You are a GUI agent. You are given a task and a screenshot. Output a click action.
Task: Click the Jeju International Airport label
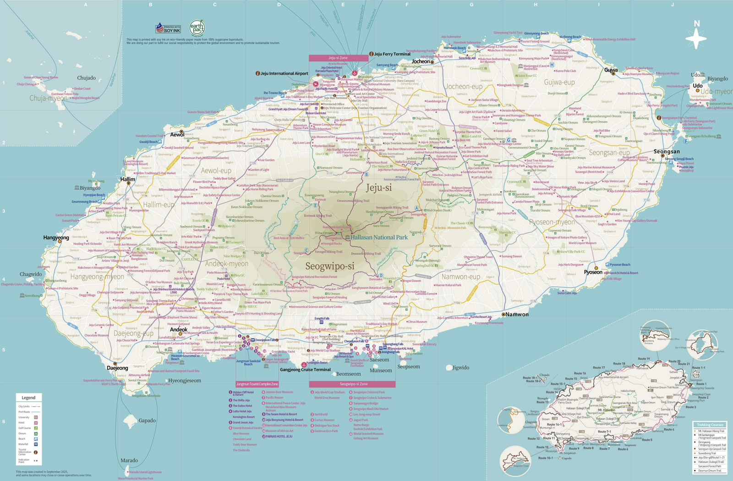click(284, 73)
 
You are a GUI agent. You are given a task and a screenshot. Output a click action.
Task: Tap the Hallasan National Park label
click(379, 238)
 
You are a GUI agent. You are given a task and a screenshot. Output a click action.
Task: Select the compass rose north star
click(696, 38)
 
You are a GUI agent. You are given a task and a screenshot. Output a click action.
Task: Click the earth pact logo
click(197, 28)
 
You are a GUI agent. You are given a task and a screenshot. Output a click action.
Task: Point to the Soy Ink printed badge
click(168, 28)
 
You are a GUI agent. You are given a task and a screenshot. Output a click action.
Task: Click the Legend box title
click(28, 398)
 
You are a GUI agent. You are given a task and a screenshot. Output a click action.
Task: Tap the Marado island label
click(129, 460)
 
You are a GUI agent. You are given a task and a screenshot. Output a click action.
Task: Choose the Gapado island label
click(147, 420)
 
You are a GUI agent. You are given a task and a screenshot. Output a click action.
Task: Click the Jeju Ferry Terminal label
click(392, 54)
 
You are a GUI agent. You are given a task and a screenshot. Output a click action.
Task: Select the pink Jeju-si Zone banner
click(338, 58)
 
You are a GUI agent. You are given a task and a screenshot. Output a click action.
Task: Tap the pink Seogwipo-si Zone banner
click(352, 384)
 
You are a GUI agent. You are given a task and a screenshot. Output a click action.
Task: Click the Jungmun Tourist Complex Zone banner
click(257, 384)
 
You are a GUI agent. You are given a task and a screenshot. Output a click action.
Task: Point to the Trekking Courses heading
click(710, 425)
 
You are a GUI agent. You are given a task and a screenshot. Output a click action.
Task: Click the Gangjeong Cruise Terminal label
click(305, 370)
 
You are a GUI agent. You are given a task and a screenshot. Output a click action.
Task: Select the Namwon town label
click(517, 315)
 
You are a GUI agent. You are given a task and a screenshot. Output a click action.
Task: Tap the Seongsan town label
click(667, 151)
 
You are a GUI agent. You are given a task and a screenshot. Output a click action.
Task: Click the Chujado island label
click(86, 78)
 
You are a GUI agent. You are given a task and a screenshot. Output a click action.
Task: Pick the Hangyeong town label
click(56, 238)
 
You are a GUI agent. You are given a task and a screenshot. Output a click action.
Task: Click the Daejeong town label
click(117, 368)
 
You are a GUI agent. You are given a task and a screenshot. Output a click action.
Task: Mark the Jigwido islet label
click(460, 368)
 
